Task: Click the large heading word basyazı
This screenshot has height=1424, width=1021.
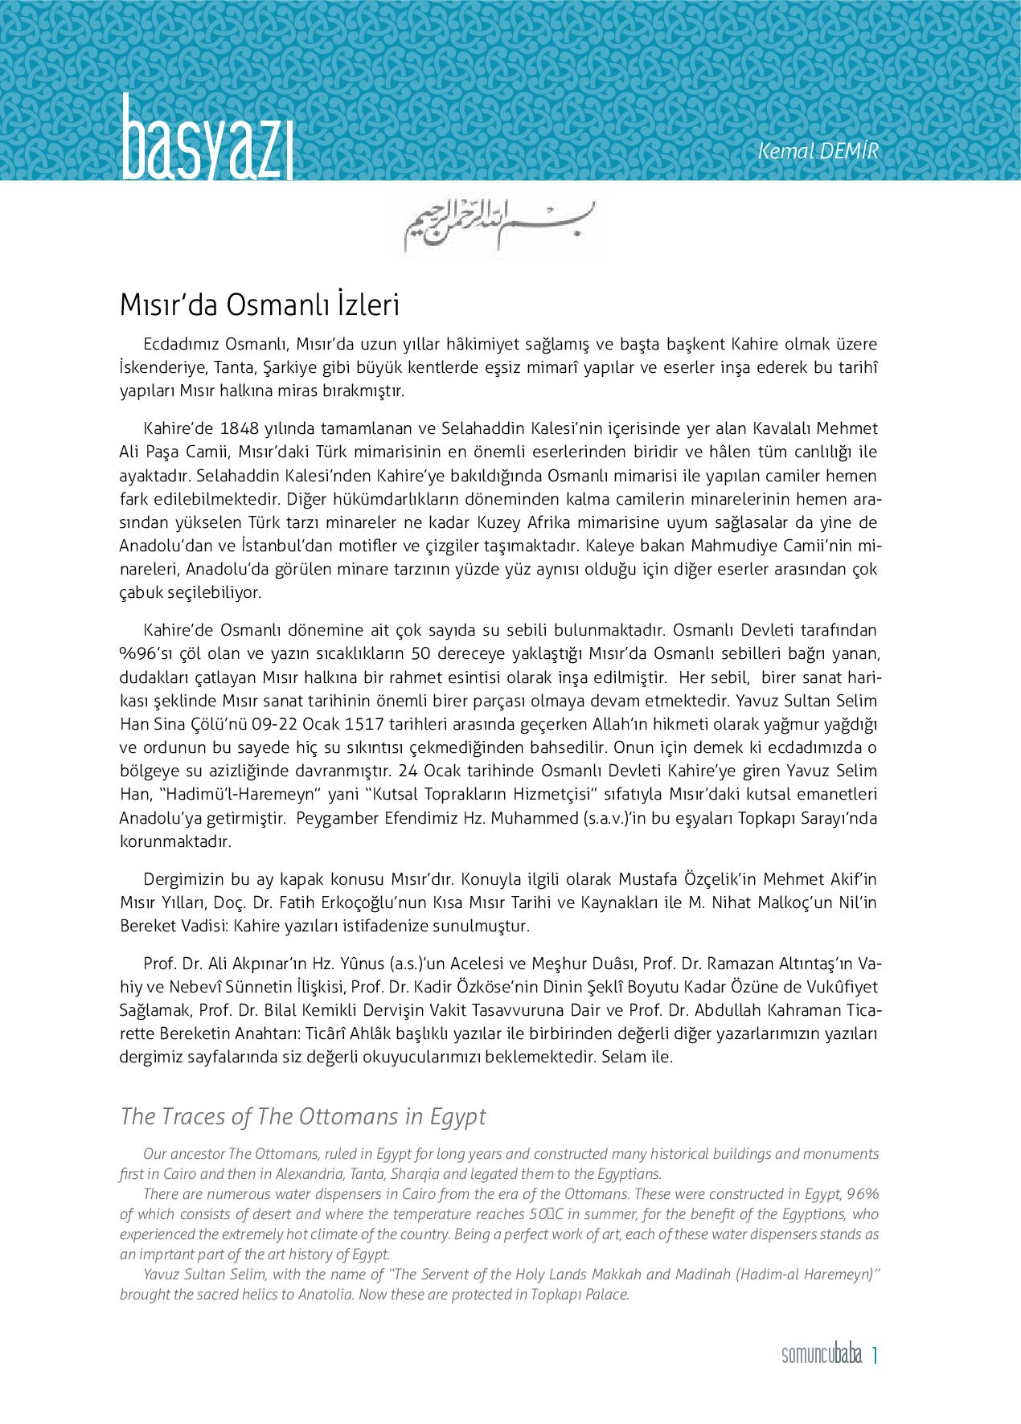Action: point(207,138)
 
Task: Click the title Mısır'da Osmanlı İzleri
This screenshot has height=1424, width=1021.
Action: point(260,306)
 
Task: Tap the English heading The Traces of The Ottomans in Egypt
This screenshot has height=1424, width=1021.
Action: point(303,1117)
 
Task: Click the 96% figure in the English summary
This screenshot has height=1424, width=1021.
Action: point(863,1194)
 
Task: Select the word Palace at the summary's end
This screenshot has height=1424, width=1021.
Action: point(605,1295)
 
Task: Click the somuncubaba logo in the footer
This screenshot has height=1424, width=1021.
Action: point(821,1356)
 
